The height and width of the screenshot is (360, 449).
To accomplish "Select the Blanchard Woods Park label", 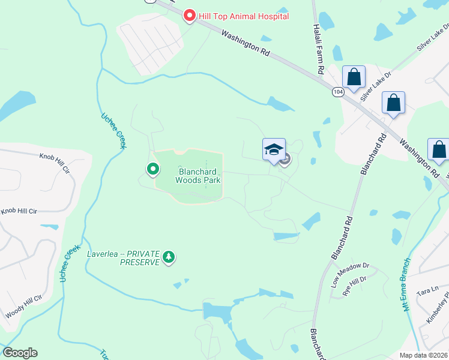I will point(198,175).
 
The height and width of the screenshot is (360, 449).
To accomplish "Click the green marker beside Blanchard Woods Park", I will point(152,170).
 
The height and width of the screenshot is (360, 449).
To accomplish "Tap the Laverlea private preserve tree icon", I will point(169,257).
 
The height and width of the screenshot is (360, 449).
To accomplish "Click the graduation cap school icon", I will point(274,149).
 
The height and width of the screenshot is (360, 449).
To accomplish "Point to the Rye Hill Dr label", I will point(354,286).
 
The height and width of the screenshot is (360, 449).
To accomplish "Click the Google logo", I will point(20,353).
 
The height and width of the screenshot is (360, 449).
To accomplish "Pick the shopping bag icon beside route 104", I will point(354,78).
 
